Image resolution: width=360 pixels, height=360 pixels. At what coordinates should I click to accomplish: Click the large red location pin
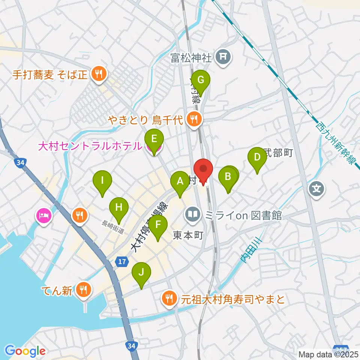coord(203,169)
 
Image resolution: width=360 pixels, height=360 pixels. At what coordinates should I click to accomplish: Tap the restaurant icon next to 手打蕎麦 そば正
coord(99,73)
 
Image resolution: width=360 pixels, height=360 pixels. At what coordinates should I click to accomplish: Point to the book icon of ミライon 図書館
coord(193,215)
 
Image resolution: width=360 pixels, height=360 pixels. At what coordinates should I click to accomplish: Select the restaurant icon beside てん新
coord(82,289)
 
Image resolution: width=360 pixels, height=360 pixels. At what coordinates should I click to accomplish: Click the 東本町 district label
coord(188,235)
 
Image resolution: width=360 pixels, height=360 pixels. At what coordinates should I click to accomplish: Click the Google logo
coord(25,351)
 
